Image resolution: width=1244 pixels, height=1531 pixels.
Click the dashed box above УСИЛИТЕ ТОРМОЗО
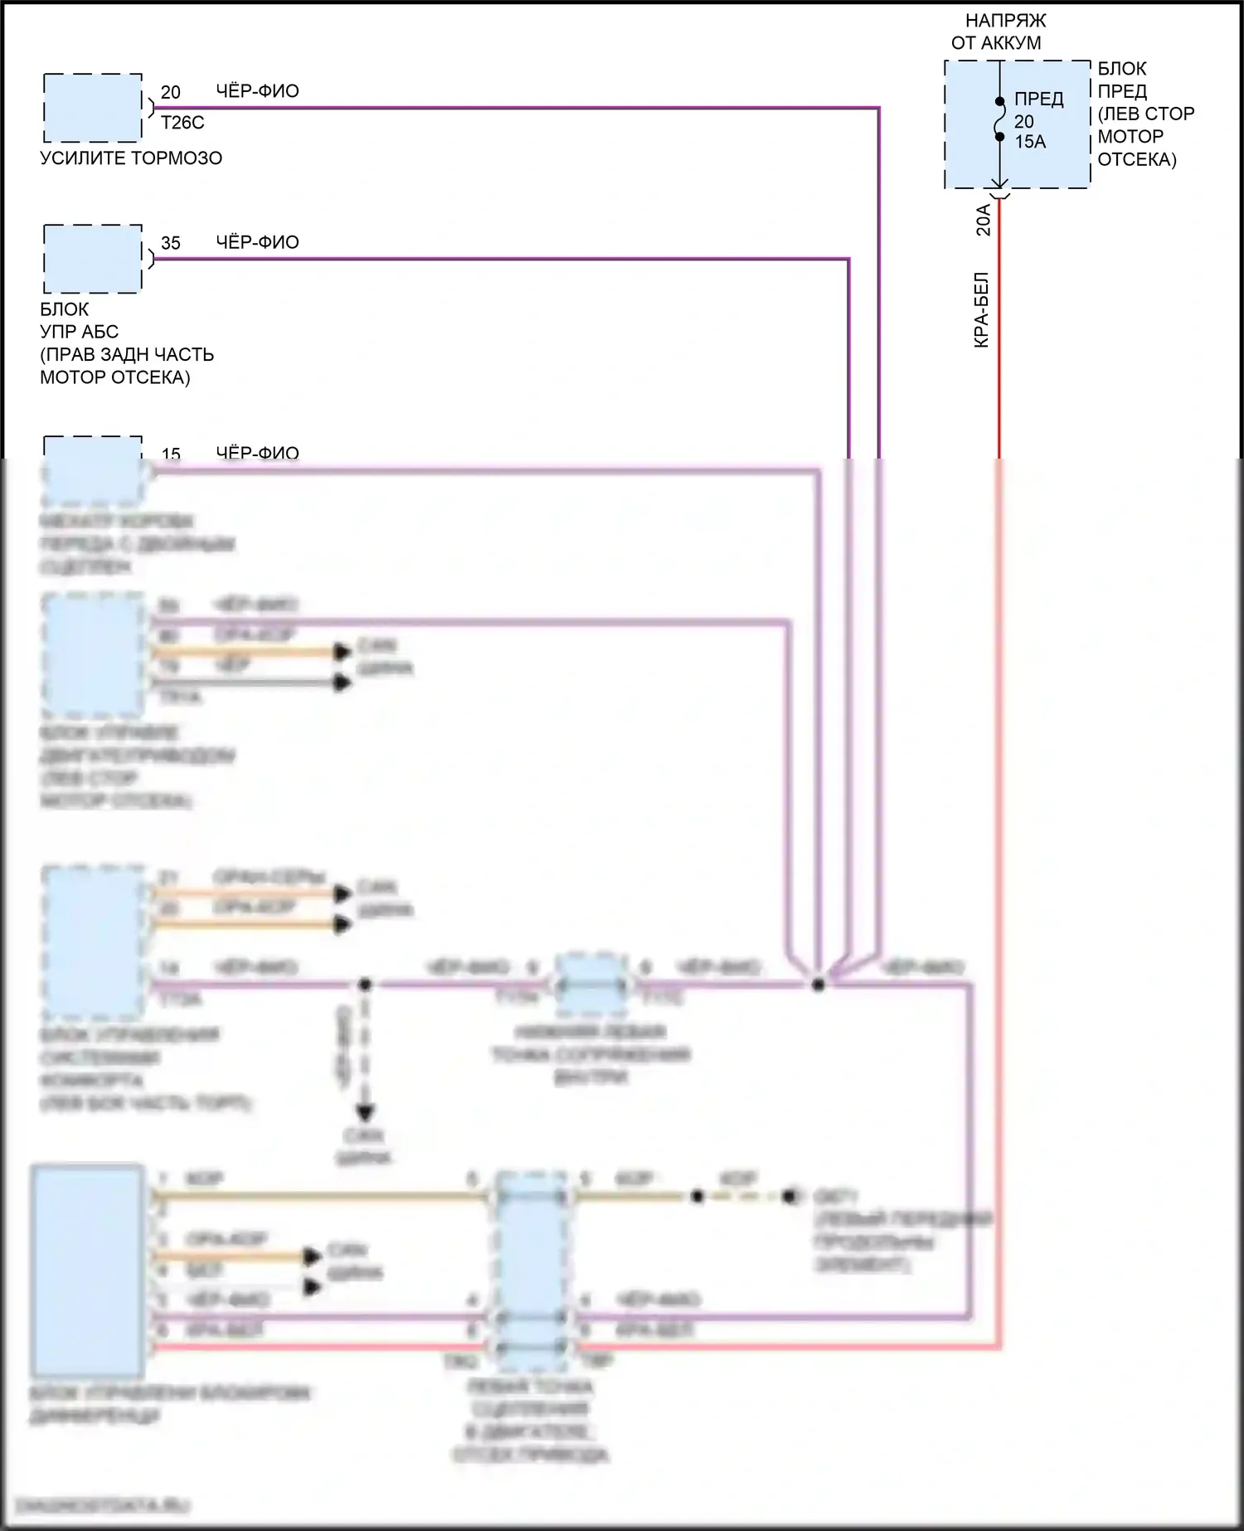pos(92,108)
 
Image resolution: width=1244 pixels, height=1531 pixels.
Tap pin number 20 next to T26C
pos(170,92)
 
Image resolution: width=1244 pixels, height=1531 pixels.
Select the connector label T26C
pos(182,123)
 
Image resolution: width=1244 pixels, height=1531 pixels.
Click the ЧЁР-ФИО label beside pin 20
pos(257,91)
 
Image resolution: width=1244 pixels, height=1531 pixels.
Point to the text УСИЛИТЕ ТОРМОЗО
pos(131,158)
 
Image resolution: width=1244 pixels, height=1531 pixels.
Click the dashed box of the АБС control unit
pos(92,259)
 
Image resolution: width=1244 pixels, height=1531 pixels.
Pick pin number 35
pos(170,243)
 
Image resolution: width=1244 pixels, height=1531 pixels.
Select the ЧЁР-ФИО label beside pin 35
pos(257,242)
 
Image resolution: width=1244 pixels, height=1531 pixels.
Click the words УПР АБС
pos(80,332)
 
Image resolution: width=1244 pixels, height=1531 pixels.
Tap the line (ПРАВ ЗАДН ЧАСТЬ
pos(127,354)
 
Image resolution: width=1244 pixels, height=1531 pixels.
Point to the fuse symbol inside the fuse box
pos(1000,119)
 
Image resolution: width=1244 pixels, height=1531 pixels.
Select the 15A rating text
pos(1030,142)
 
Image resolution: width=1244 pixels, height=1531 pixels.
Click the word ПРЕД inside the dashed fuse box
pos(1038,99)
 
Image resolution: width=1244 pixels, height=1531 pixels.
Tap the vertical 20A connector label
pos(983,220)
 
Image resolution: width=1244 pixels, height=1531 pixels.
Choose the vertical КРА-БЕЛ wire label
pos(981,309)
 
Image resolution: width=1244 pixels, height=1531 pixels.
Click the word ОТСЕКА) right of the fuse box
pos(1136,159)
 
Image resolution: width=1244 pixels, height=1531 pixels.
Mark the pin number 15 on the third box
pos(171,454)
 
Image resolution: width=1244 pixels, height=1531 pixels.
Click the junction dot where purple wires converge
pos(819,984)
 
